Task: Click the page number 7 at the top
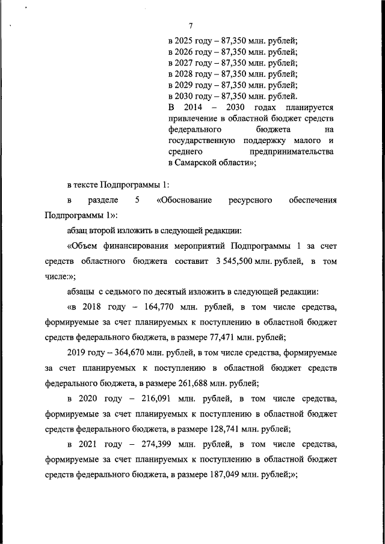191,25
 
